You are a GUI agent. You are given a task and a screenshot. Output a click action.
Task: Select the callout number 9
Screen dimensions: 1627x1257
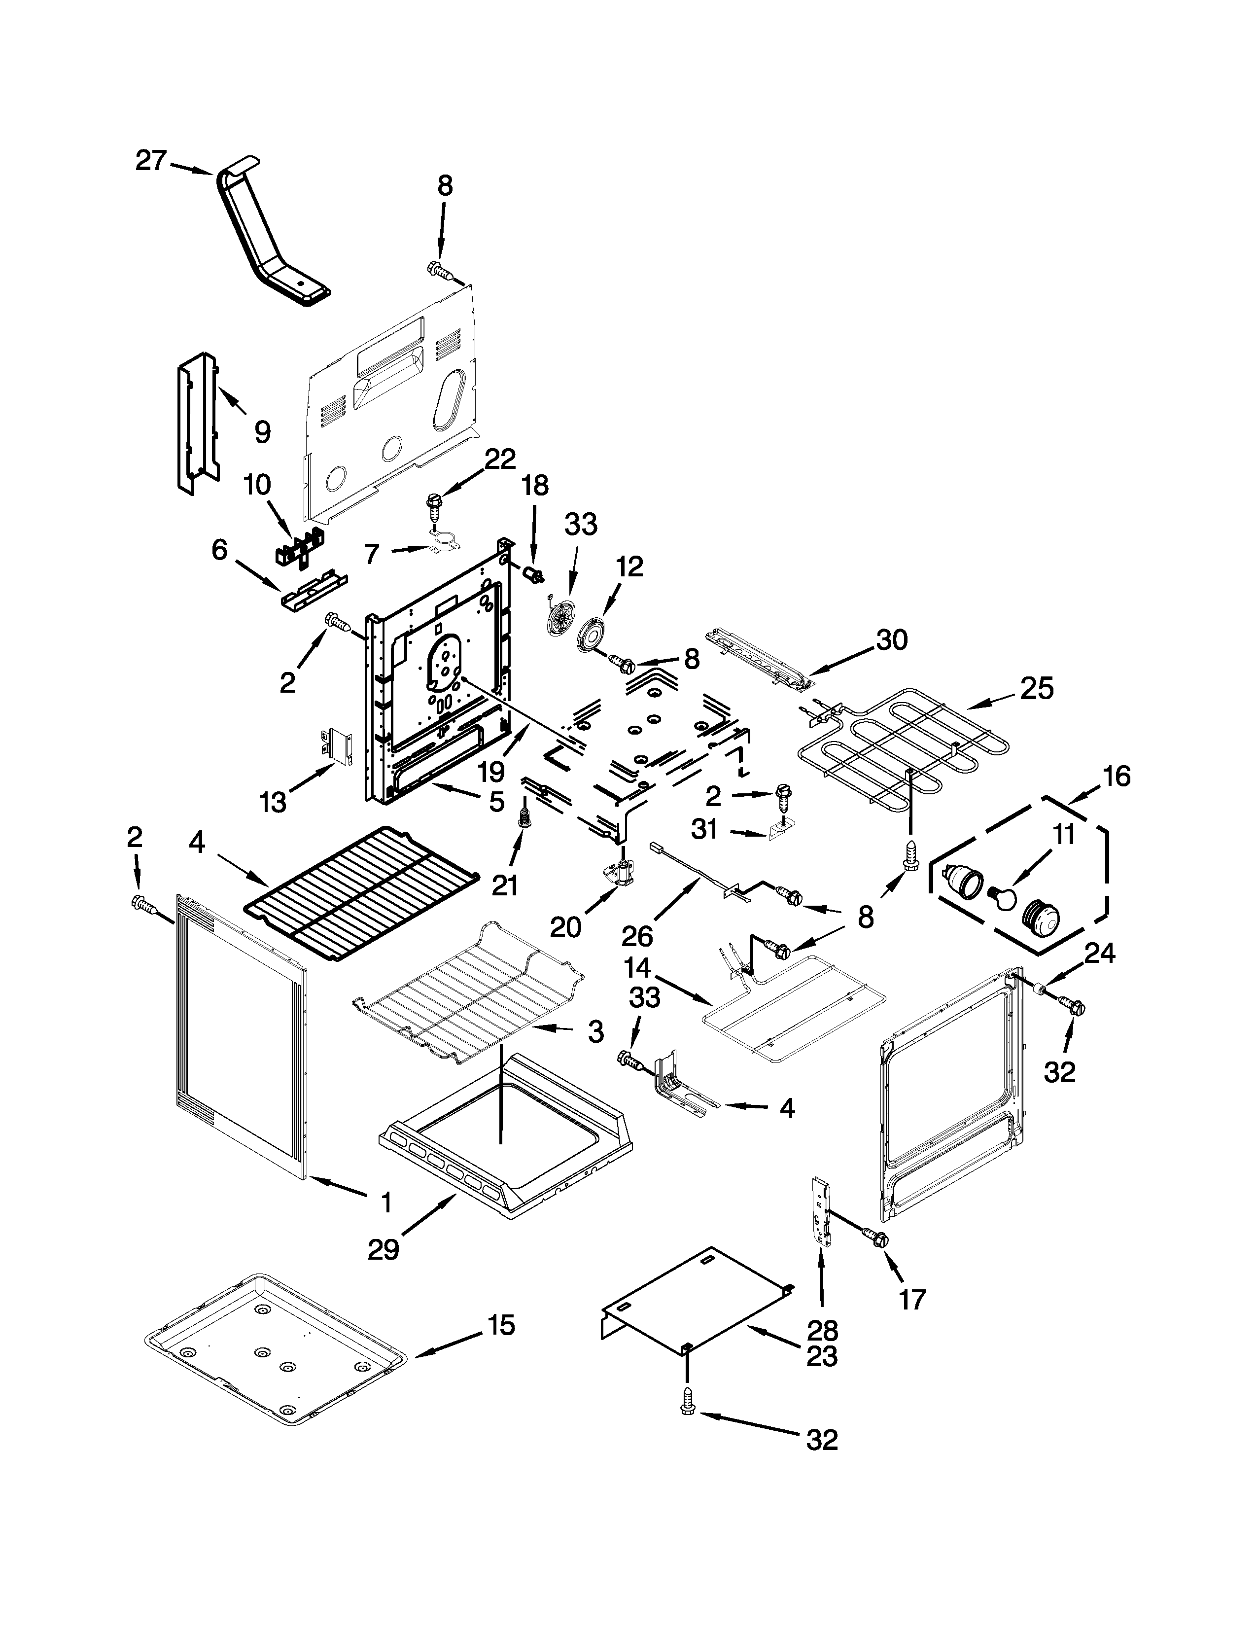pos(262,431)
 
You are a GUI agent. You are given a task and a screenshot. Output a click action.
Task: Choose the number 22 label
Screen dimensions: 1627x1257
pos(500,460)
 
